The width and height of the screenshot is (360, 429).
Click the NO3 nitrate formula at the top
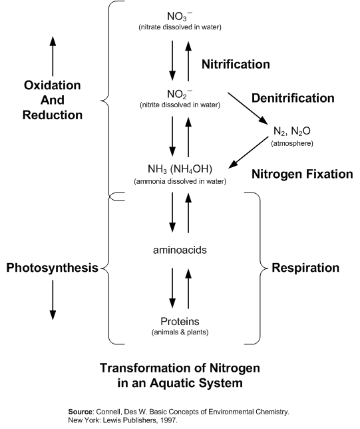coord(180,17)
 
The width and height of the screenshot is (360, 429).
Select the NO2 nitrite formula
coord(180,95)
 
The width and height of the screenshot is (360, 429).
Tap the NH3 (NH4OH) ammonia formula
coord(180,169)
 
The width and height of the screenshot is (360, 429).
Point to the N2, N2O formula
coord(292,131)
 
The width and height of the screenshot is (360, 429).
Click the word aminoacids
coord(180,250)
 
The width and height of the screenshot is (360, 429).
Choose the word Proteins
coord(180,321)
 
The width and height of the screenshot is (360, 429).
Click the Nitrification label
coord(236,65)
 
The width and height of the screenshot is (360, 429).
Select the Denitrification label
coord(293,98)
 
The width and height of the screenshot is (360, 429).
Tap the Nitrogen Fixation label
coord(302,174)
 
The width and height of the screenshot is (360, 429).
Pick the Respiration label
coord(305,268)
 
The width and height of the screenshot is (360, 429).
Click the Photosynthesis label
coord(52,268)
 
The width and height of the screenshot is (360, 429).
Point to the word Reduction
coord(53,115)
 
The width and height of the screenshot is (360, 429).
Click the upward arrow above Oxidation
coord(53,56)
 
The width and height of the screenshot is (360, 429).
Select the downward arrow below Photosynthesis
coord(53,300)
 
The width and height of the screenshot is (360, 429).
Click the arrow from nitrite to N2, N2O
coord(248,109)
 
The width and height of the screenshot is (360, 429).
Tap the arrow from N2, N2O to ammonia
coord(248,152)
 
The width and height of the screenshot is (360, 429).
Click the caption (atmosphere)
coord(292,143)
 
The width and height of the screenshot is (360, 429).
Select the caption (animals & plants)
coord(180,332)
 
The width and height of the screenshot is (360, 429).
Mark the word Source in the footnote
coord(81,412)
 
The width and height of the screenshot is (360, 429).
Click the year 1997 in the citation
coord(170,420)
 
